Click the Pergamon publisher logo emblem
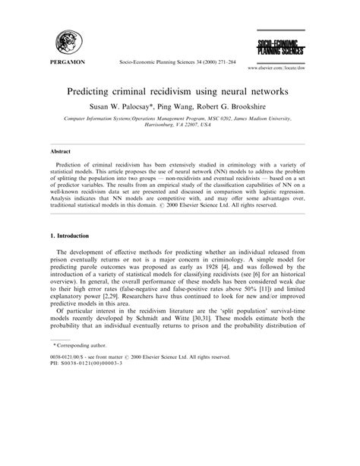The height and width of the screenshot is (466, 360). pos(65,41)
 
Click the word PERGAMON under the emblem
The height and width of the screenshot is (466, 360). pos(66,62)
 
